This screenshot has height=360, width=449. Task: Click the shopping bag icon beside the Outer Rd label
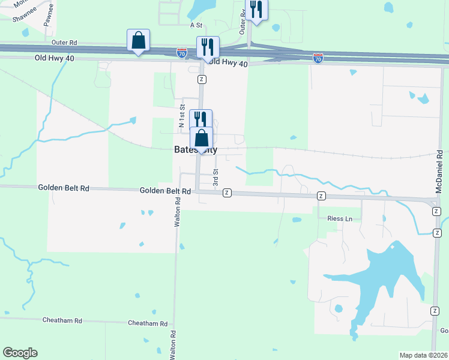point(139,41)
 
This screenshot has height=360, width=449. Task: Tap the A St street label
point(196,25)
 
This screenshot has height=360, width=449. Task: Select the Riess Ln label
point(340,218)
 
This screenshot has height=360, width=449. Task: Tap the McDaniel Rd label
point(439,171)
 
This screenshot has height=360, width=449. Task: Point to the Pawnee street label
point(49,14)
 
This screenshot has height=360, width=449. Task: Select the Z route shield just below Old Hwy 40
point(202,79)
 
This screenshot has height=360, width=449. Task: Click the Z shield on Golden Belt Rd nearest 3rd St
point(227,193)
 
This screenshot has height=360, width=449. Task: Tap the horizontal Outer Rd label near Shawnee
point(65,43)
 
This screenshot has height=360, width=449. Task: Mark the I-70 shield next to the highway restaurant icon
point(182,53)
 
